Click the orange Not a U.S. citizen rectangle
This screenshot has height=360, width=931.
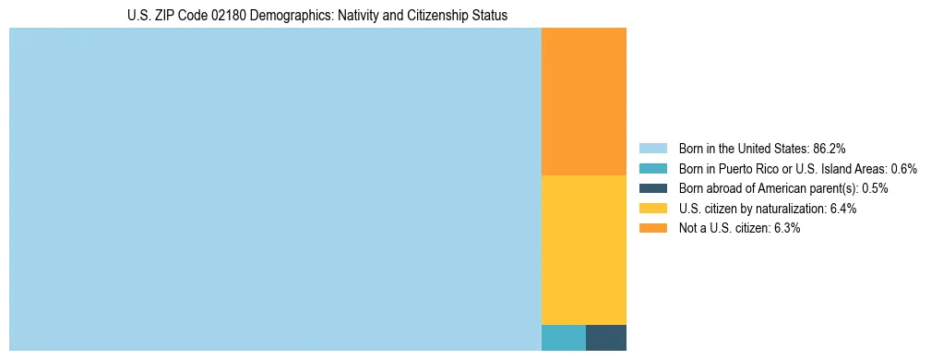click(583, 102)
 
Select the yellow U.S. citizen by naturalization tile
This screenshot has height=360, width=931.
click(583, 249)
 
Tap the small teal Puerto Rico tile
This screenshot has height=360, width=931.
click(563, 338)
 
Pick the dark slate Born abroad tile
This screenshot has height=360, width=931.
click(605, 338)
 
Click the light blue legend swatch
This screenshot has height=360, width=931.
click(652, 149)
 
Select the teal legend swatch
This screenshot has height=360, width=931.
click(652, 169)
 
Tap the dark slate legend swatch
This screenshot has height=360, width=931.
click(652, 188)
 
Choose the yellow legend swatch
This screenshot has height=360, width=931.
click(652, 209)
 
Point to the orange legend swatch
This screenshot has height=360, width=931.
click(652, 228)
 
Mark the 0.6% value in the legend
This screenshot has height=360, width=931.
click(903, 169)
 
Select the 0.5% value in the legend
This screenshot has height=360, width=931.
click(875, 188)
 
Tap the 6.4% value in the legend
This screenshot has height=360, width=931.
click(842, 209)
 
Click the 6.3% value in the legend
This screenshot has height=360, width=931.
click(785, 228)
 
